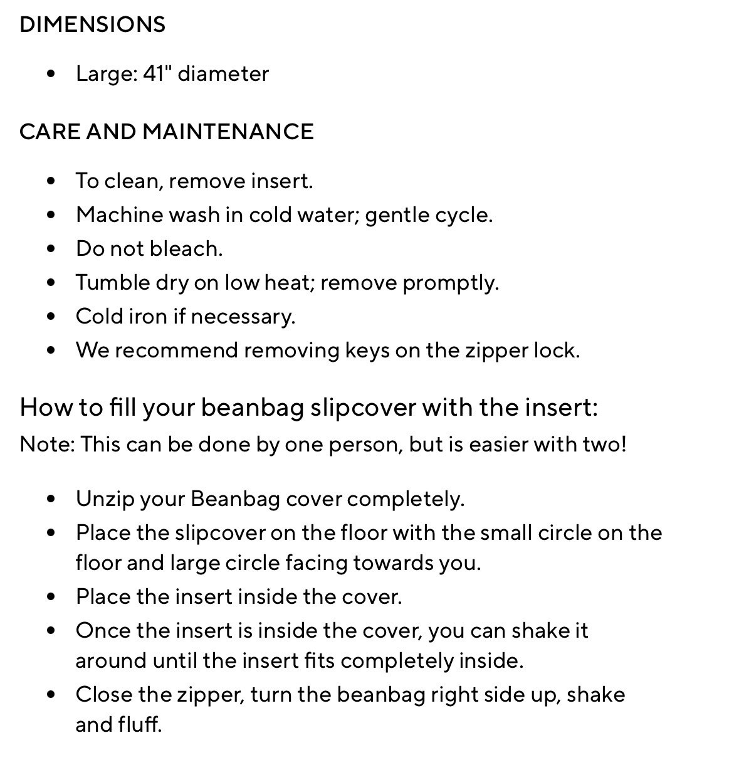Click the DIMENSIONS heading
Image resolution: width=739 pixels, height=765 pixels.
click(x=92, y=24)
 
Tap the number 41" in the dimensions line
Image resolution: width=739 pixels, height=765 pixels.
click(x=157, y=73)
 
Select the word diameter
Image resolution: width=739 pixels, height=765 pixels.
click(x=224, y=73)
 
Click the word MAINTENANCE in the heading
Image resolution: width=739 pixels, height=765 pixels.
click(x=228, y=132)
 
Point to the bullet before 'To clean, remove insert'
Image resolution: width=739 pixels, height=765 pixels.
click(x=51, y=181)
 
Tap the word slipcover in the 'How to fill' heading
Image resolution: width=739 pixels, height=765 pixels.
click(x=364, y=408)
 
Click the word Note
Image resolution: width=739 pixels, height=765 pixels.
click(x=46, y=445)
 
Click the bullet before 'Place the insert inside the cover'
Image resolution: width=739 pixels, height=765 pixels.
click(x=51, y=597)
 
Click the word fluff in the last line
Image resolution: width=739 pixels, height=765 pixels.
click(x=140, y=725)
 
